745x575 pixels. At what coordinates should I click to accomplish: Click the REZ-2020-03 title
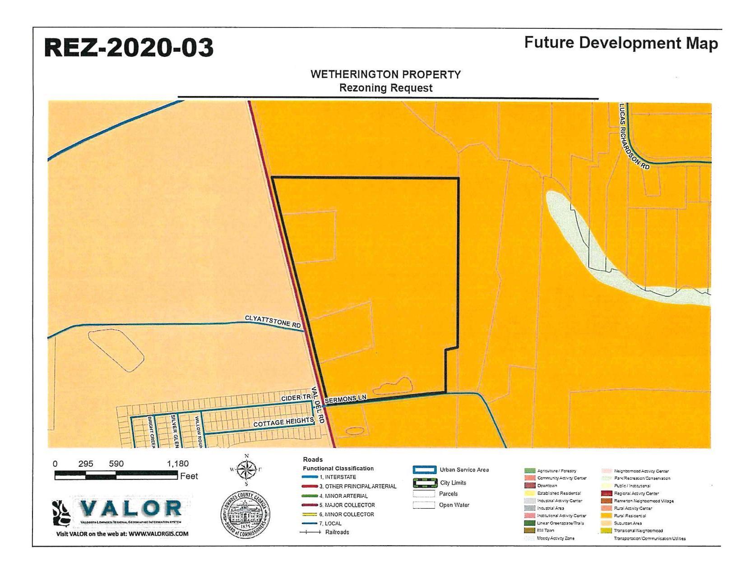[x=129, y=48]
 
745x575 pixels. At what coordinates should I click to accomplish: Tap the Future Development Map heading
[x=620, y=43]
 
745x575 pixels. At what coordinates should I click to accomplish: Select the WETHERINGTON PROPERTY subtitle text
[x=385, y=74]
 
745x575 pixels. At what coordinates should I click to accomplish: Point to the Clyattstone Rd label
[x=273, y=321]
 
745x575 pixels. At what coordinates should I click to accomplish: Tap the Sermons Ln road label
[x=346, y=399]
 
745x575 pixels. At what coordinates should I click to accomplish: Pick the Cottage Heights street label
[x=283, y=423]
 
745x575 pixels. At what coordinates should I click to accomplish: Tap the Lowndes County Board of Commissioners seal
[x=245, y=515]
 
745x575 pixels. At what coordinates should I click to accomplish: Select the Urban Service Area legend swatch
[x=424, y=470]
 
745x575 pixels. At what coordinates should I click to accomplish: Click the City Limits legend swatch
[x=424, y=483]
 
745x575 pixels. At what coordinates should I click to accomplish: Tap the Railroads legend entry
[x=337, y=532]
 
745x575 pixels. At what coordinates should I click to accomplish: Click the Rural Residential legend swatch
[x=606, y=515]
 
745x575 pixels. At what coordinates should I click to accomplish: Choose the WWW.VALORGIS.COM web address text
[x=158, y=534]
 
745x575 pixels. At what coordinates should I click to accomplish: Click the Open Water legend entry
[x=454, y=505]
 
